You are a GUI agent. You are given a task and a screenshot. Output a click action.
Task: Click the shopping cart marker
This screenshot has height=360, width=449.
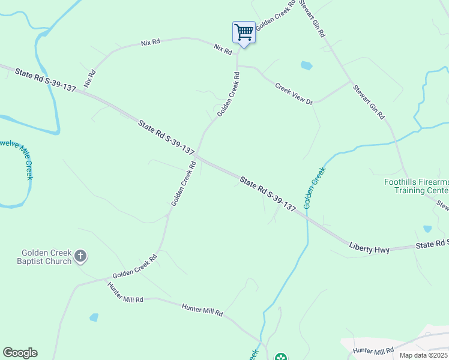[244, 32]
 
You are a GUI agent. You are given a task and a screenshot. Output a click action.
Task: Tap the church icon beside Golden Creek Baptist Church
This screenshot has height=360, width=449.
[80, 257]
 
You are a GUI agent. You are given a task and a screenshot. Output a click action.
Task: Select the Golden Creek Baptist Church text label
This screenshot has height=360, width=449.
[46, 257]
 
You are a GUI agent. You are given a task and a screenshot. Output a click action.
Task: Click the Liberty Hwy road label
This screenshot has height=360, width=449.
[369, 248]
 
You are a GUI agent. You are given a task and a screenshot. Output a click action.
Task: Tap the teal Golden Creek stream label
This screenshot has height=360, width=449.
[315, 188]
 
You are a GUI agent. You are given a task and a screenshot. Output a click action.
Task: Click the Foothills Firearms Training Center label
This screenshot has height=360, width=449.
[417, 187]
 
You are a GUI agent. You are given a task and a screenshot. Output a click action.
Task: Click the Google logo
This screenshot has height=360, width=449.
[20, 353]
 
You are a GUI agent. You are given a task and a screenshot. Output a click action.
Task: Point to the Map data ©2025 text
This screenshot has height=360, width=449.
[423, 355]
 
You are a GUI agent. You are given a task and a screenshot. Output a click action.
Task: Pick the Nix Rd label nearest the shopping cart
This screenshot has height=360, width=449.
[223, 50]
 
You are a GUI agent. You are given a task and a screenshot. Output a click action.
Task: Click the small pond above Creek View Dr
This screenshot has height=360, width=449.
[306, 65]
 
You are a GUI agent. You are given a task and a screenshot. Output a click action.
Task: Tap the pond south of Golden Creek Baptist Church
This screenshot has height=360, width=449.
[94, 317]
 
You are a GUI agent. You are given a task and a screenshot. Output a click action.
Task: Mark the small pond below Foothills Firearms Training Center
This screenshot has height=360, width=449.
[427, 229]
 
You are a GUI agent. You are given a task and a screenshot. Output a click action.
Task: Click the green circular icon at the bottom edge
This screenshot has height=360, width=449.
[280, 358]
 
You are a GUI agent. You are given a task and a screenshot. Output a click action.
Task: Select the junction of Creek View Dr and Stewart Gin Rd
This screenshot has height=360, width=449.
[351, 81]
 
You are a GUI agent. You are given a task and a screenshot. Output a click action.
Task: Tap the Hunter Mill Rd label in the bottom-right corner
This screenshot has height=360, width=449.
[374, 350]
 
